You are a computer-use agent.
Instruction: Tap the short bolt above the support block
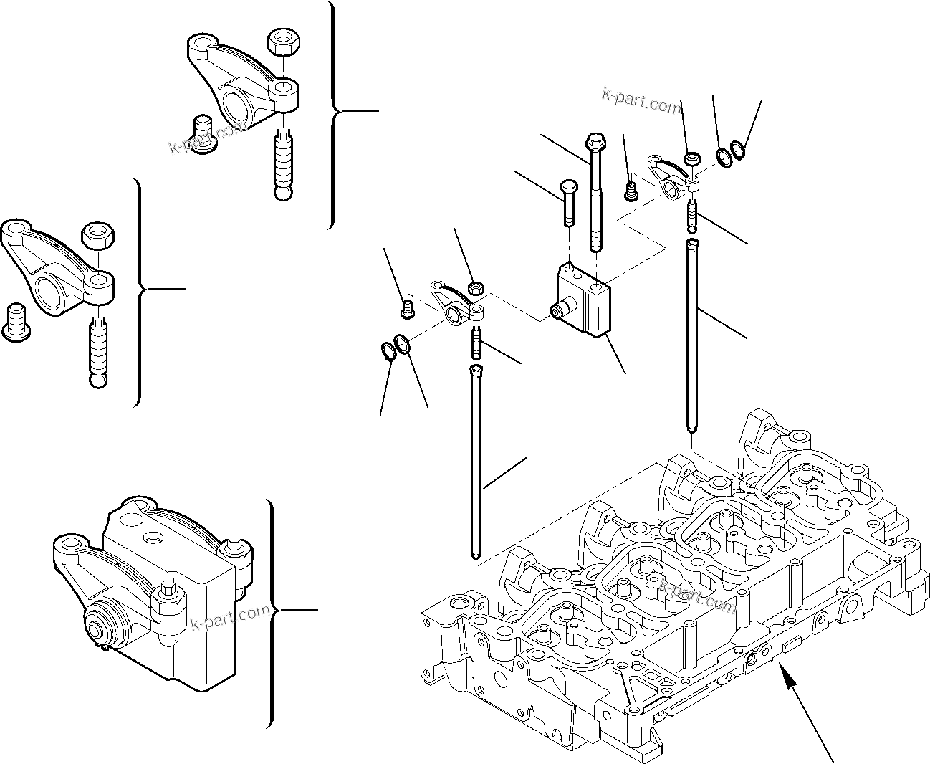click(567, 201)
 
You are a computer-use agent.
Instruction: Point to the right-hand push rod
click(691, 337)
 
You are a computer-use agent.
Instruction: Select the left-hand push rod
click(476, 462)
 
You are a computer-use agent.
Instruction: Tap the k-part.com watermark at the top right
click(643, 101)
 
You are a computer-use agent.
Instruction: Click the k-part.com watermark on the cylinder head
click(698, 597)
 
